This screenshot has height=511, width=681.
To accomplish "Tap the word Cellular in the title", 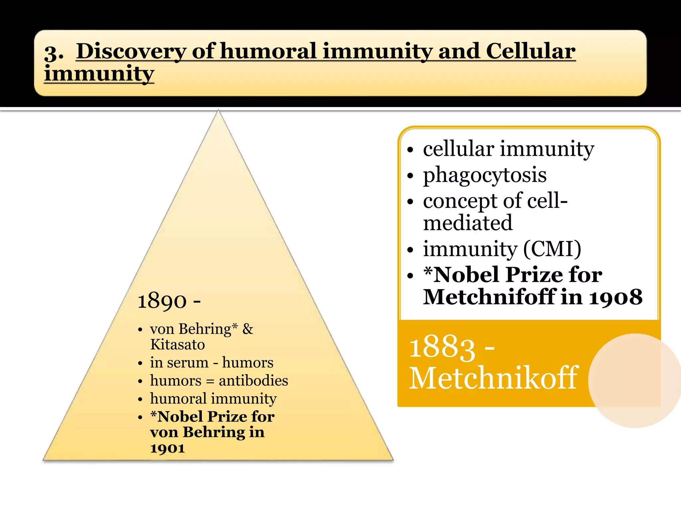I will click(x=531, y=52).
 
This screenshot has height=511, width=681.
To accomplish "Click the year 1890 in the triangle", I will click(x=162, y=301).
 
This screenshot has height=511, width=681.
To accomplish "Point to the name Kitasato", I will click(x=178, y=345).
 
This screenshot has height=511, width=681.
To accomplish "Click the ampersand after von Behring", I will click(x=248, y=329).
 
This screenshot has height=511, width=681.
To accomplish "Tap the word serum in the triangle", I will click(x=188, y=363).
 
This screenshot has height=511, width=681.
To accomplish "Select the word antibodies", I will click(x=253, y=381).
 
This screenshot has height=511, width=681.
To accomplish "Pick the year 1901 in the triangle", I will click(x=167, y=448).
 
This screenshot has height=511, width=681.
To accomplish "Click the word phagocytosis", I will click(x=484, y=175).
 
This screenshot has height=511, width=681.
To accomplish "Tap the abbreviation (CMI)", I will click(x=552, y=249).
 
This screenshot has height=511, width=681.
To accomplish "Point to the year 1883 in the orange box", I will click(x=442, y=348).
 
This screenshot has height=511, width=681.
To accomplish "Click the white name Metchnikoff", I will click(x=494, y=378).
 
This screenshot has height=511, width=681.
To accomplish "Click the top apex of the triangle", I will click(x=218, y=112).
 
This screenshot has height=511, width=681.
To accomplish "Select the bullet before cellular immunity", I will click(x=411, y=150).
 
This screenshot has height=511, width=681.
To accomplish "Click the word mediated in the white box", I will click(x=468, y=223).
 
